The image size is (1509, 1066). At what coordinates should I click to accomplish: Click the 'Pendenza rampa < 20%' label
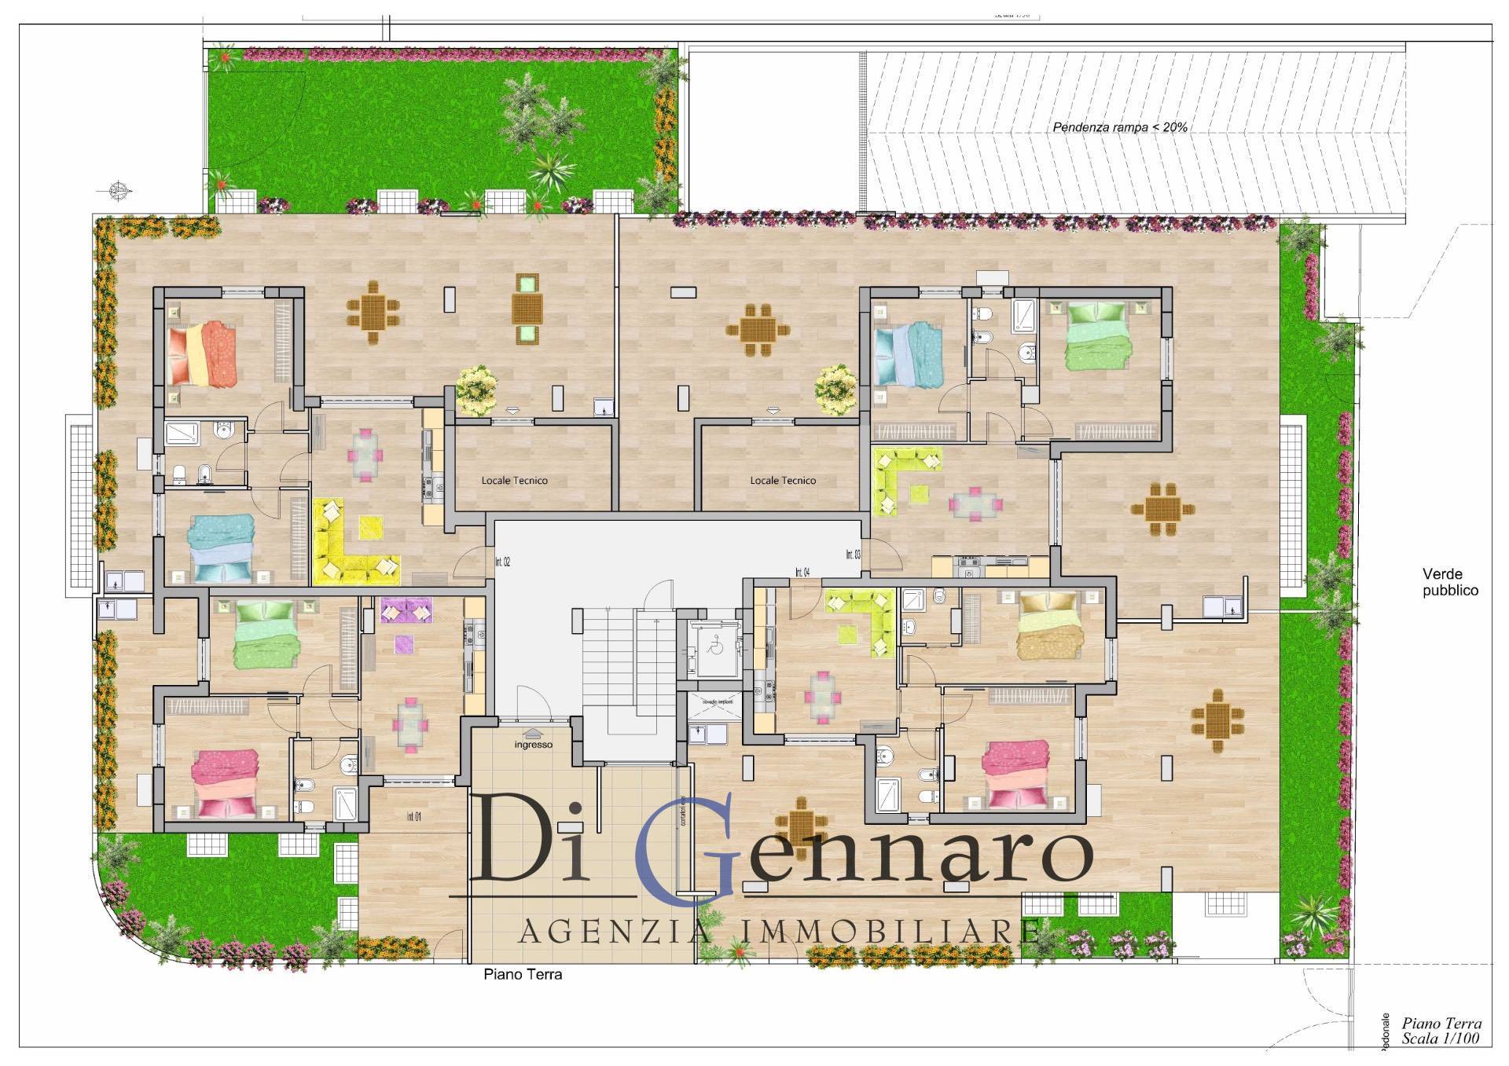point(1120,126)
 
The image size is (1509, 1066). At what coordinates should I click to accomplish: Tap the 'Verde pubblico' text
point(1450,582)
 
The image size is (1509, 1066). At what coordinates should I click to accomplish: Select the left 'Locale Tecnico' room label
point(515,480)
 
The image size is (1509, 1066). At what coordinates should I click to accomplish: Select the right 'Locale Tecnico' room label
point(783,480)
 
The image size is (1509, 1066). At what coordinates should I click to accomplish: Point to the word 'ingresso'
point(534,744)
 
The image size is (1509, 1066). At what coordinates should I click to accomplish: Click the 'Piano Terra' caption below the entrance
point(523,974)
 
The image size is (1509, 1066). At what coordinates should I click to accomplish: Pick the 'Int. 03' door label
point(853,555)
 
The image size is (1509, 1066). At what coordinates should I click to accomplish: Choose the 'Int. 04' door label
point(802,571)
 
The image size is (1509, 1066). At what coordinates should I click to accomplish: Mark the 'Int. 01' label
point(413,817)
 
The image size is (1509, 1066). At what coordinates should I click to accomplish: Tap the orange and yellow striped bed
point(201,354)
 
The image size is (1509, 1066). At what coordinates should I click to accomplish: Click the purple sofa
point(406,610)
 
